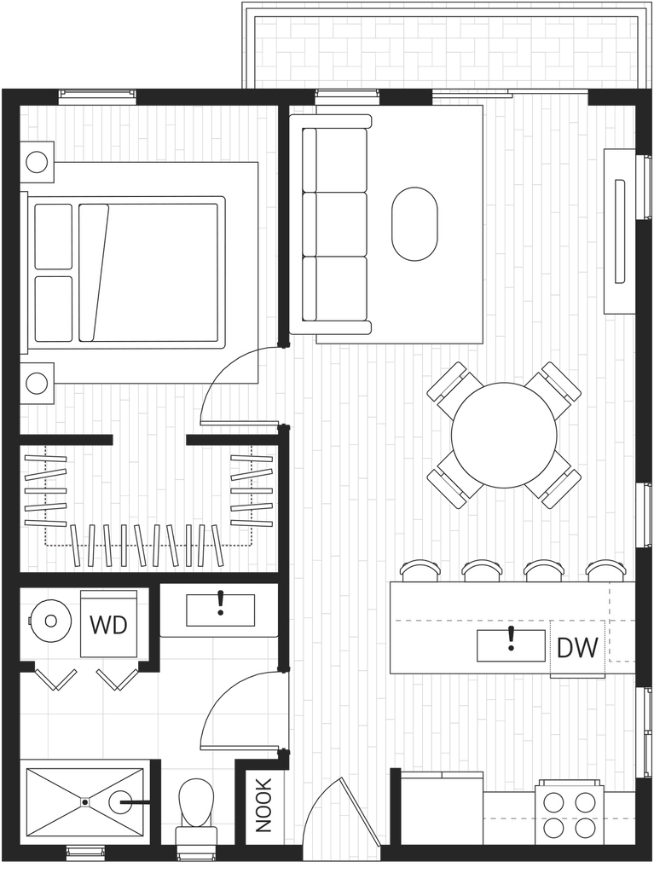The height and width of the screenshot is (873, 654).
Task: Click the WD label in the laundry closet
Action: [108, 625]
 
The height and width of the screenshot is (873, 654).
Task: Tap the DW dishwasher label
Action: [577, 648]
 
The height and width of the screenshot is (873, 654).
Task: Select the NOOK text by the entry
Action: [263, 805]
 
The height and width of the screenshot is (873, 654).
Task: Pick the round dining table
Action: [504, 435]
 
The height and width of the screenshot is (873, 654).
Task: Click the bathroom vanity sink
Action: [220, 610]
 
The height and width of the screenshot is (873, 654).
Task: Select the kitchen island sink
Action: [511, 646]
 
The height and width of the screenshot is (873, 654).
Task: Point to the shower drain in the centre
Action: [84, 802]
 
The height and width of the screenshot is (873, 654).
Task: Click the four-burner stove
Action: [570, 813]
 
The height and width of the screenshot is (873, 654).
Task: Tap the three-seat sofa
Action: [331, 224]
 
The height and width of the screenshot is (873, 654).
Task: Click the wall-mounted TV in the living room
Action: [619, 231]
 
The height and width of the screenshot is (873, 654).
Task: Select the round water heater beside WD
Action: [50, 621]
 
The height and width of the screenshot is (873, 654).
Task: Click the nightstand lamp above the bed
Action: [37, 163]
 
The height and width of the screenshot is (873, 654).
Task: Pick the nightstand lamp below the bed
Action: [37, 384]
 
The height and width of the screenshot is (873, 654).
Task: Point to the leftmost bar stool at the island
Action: [420, 570]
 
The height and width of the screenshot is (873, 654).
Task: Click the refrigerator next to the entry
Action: [442, 809]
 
